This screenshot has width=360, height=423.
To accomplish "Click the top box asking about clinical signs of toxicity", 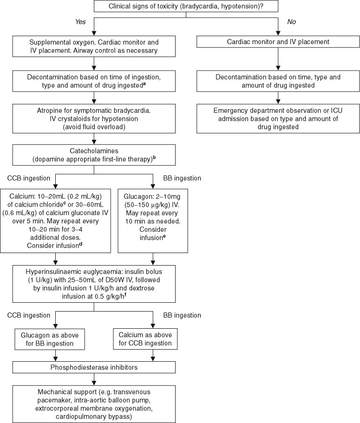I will [x=186, y=7].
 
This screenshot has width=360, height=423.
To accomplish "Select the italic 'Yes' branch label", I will [x=82, y=21].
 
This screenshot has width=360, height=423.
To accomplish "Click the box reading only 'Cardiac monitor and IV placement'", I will [x=278, y=42].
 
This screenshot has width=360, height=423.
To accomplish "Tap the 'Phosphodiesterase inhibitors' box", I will [x=95, y=367].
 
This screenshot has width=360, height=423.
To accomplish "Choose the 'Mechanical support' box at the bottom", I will [x=95, y=403].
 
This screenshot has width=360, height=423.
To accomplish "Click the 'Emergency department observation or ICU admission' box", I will [x=278, y=119].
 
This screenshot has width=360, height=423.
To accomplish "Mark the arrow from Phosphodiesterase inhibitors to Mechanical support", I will [x=94, y=378].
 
